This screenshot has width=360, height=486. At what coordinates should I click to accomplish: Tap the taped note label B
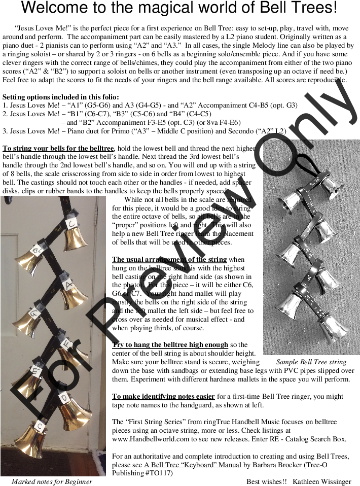(37, 250)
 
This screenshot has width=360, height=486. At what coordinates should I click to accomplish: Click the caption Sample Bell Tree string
(311, 362)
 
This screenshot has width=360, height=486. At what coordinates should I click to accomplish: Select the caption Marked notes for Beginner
(52, 481)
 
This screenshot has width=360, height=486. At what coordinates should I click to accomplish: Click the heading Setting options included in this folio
(61, 97)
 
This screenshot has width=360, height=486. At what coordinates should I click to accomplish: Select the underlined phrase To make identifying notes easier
(163, 396)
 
